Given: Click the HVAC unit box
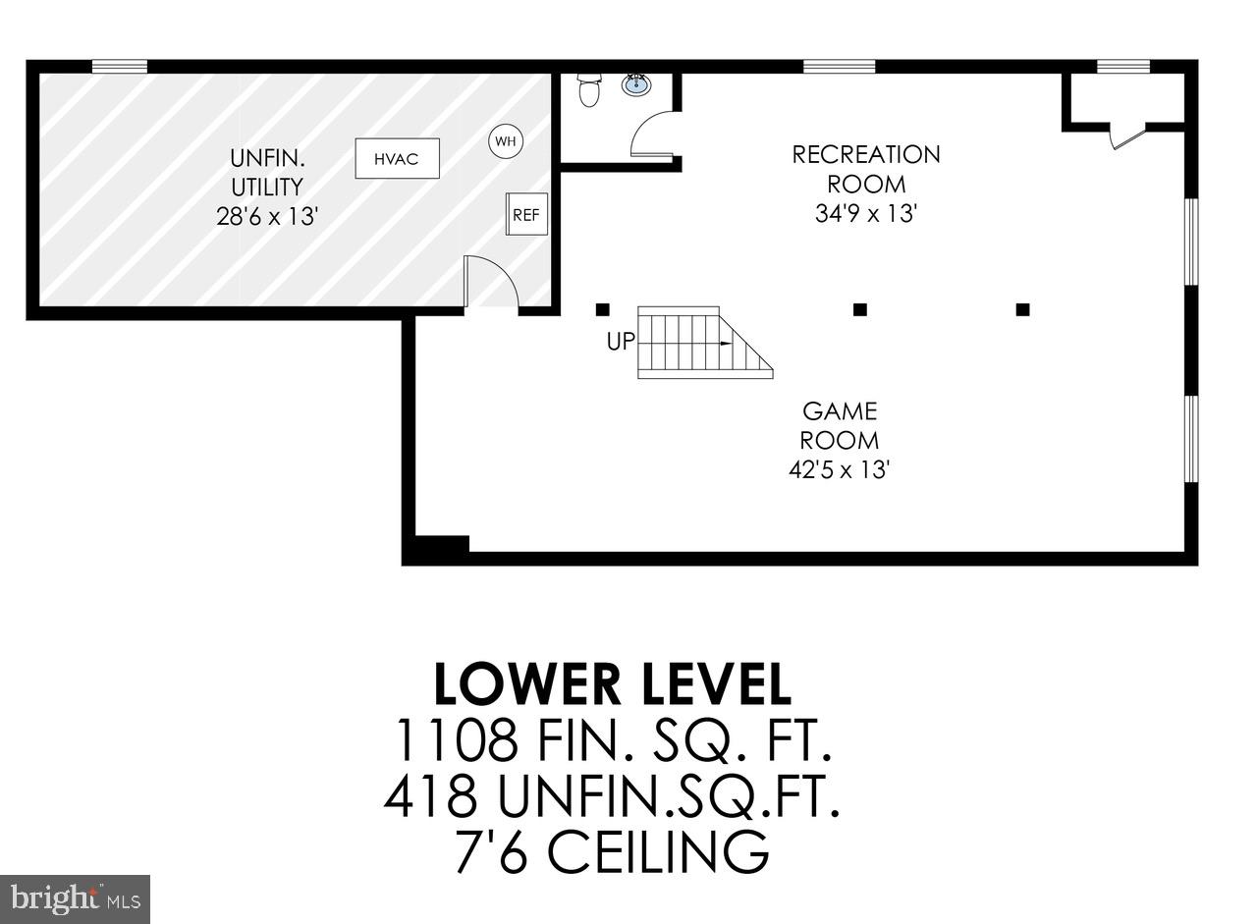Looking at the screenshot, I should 397,159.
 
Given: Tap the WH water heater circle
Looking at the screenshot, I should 506,141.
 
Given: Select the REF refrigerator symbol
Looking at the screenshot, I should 526,215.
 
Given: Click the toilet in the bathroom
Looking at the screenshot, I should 589,89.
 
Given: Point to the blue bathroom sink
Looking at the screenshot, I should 637,85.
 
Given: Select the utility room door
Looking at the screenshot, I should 490,283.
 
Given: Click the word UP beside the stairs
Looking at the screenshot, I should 621,342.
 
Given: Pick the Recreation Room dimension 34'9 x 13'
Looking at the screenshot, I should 865,213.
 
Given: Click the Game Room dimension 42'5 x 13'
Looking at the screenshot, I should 839,469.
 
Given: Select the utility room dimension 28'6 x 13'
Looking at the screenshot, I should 267,216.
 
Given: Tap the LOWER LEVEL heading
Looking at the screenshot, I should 612,684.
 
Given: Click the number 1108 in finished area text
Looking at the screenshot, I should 455,741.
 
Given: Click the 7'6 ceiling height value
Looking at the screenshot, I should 491,852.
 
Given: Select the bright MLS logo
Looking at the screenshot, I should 75,899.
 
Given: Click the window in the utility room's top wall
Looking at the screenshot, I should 119,67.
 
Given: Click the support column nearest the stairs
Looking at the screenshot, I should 603,309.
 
